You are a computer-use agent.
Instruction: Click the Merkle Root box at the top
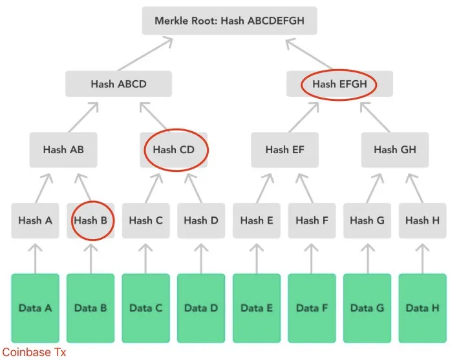[x=229, y=21]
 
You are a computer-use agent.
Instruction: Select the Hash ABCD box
[x=118, y=84]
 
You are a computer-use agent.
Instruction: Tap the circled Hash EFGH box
[x=339, y=84]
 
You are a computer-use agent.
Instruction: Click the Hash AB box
[x=63, y=149]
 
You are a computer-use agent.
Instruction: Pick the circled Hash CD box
[x=174, y=149]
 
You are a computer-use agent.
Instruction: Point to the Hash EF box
[x=284, y=149]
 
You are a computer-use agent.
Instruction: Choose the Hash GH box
[x=394, y=149]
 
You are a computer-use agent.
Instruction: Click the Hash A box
[x=35, y=220]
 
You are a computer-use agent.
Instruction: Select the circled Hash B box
[x=91, y=220]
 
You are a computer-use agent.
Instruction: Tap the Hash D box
[x=201, y=220]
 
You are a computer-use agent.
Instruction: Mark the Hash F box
[x=312, y=220]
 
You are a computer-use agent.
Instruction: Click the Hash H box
[x=422, y=220]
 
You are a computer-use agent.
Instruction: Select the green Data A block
[x=35, y=308]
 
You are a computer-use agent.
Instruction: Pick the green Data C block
[x=145, y=308]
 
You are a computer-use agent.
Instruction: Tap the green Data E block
[x=257, y=308]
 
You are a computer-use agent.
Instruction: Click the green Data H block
[x=422, y=308]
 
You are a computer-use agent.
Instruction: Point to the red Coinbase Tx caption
[x=34, y=352]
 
